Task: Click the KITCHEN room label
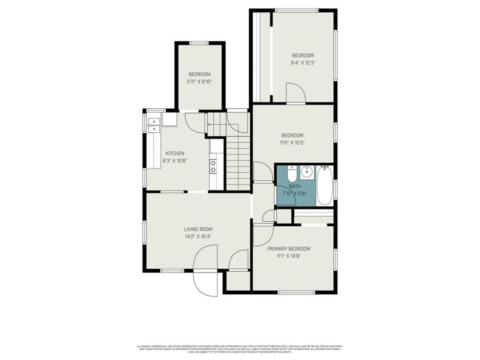pos(174,154)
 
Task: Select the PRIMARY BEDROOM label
pos(289,249)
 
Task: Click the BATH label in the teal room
pos(294,186)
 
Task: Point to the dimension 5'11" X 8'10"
pos(199,82)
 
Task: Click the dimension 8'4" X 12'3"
pos(302,62)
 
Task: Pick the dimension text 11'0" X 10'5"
pos(292,142)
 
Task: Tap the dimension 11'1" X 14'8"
pos(289,256)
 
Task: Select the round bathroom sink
pos(307,172)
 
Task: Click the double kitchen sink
pos(155,125)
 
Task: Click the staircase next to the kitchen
pos(238,160)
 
